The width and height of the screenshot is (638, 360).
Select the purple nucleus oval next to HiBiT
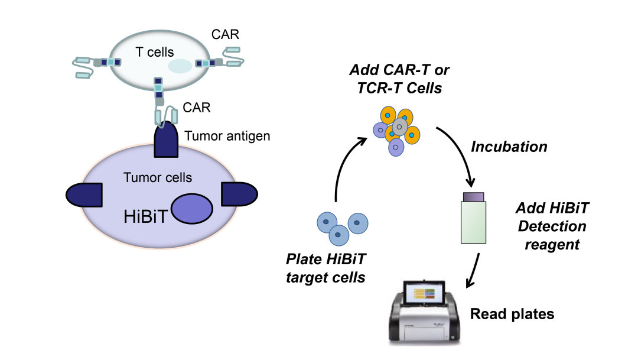192,210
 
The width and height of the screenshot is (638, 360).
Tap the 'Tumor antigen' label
227,137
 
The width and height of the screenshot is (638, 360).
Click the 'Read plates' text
512,314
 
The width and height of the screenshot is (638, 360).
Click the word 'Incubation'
509,147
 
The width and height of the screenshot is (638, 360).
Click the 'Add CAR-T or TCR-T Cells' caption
399,78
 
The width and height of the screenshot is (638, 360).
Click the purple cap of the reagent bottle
474,196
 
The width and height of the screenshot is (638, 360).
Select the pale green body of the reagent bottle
474,222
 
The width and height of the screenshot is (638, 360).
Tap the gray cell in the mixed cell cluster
400,127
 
